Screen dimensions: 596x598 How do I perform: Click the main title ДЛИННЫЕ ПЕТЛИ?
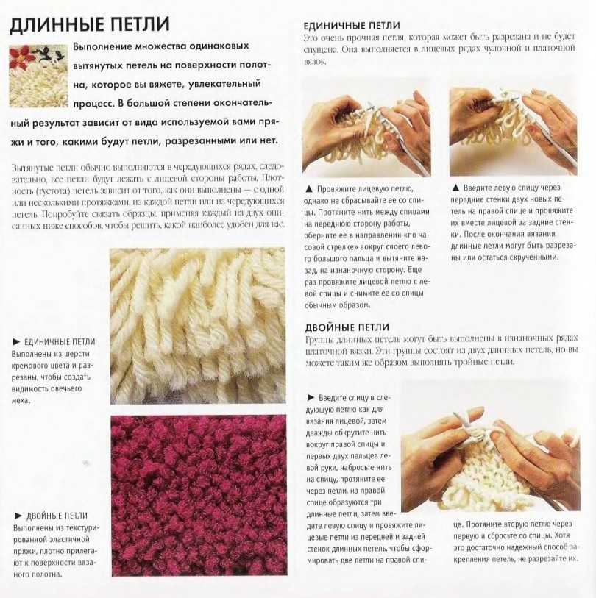tap(89, 24)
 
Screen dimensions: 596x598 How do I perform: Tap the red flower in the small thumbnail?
tap(21, 55)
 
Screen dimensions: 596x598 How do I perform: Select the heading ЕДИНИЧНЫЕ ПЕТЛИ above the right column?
tap(352, 26)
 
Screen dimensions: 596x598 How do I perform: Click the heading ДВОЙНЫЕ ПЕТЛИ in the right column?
tap(347, 327)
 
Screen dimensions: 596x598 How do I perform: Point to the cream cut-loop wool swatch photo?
tap(198, 326)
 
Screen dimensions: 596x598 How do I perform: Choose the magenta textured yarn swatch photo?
tap(199, 495)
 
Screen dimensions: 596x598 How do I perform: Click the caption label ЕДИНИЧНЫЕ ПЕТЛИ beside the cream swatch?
tap(60, 342)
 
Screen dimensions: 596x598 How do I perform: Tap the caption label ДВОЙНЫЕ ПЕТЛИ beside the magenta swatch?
tap(57, 516)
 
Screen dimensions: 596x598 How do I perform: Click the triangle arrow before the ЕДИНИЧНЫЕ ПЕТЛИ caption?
tap(16, 341)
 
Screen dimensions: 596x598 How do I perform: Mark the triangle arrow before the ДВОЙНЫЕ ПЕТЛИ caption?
tap(18, 516)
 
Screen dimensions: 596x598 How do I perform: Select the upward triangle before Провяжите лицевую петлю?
tap(309, 189)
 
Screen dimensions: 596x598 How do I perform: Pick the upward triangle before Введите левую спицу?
tap(455, 188)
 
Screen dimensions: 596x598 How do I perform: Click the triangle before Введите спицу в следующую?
tap(311, 397)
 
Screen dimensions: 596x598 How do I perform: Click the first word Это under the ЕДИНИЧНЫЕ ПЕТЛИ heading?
tap(311, 38)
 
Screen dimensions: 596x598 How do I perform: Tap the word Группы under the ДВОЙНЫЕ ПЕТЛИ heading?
tap(320, 339)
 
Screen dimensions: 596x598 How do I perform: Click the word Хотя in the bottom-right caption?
tap(562, 535)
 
